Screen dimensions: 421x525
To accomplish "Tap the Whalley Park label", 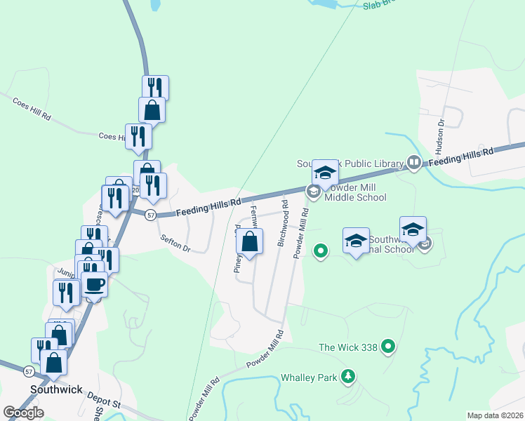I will [x=310, y=377].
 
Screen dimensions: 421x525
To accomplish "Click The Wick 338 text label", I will [x=348, y=347].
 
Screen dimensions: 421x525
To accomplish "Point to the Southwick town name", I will [x=56, y=389].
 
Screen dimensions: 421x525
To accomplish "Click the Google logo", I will [x=23, y=413].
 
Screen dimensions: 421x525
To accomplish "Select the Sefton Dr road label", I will [x=175, y=243].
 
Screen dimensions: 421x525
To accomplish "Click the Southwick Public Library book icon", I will [x=414, y=163].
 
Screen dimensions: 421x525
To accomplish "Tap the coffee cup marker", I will [x=95, y=284].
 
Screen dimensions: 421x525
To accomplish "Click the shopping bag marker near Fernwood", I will [x=250, y=242].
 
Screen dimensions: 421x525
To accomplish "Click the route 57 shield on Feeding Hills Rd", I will [x=150, y=216].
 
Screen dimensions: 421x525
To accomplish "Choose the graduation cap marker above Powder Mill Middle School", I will [x=326, y=171].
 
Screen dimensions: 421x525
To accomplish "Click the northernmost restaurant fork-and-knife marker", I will [x=155, y=88].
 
